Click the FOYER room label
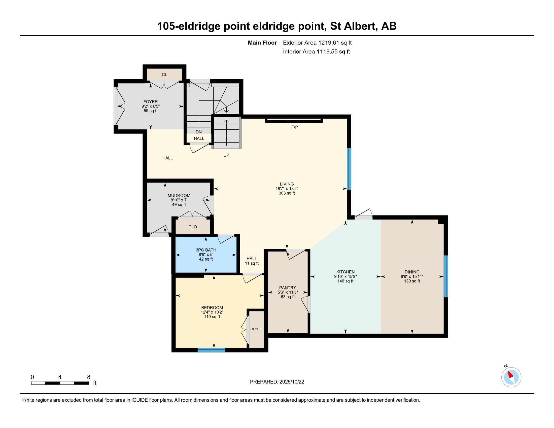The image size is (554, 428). click(x=150, y=102)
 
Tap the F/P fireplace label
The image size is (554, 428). click(x=295, y=127)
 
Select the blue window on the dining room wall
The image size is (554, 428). click(x=445, y=276)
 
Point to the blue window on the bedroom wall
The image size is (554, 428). click(x=211, y=350)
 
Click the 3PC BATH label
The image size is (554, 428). click(x=206, y=250)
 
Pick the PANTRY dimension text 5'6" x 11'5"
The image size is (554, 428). click(x=288, y=292)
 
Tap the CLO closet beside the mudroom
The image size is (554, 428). click(x=193, y=227)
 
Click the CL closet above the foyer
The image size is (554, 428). click(x=164, y=75)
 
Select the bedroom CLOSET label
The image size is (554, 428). click(x=257, y=329)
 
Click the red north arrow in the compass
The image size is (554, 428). click(x=511, y=375)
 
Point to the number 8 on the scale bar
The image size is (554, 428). click(x=89, y=377)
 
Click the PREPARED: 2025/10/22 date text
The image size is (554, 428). click(x=277, y=382)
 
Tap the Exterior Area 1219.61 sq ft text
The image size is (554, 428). click(x=317, y=43)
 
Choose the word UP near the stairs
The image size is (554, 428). click(x=226, y=155)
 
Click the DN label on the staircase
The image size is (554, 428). click(x=199, y=132)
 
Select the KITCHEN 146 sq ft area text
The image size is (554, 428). click(x=345, y=281)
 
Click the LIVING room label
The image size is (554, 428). click(x=287, y=184)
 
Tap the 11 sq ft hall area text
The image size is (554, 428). click(x=252, y=263)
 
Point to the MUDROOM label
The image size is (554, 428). click(x=179, y=195)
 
